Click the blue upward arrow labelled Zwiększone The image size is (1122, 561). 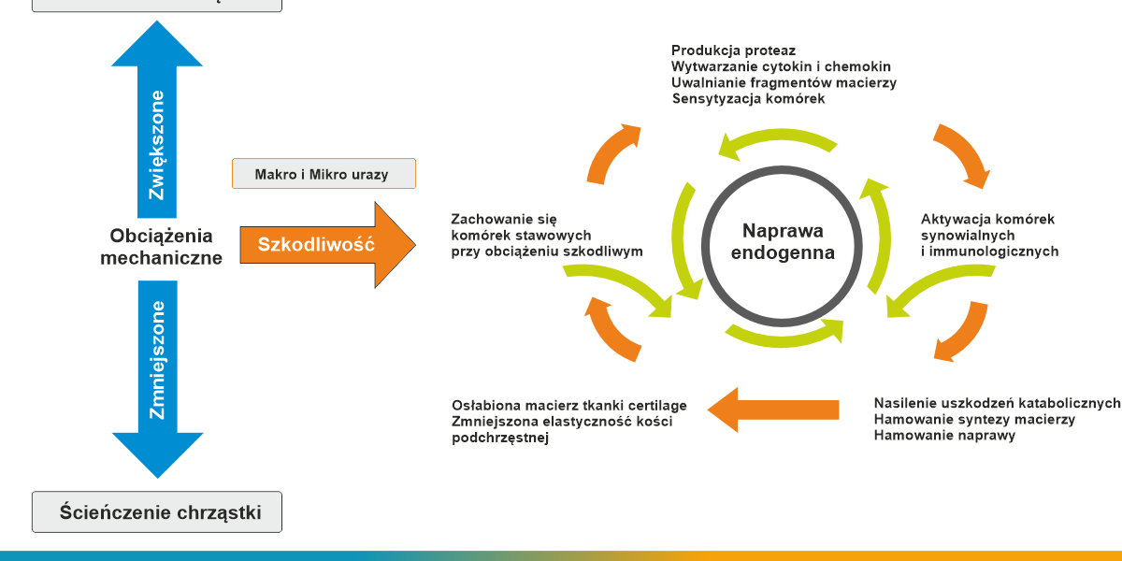[157, 131]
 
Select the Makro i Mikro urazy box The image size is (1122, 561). [323, 174]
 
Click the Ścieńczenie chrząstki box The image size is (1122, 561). [157, 512]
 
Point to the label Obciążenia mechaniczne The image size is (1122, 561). [162, 247]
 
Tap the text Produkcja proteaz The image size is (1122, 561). [734, 50]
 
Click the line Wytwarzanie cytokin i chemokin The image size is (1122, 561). [781, 66]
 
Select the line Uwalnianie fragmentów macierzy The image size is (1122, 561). [784, 82]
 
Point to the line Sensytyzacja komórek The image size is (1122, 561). [748, 98]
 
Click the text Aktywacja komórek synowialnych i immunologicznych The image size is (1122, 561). [989, 235]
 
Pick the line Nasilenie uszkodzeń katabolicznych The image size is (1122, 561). [997, 403]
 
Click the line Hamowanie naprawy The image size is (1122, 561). [944, 435]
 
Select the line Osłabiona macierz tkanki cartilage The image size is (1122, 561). [569, 405]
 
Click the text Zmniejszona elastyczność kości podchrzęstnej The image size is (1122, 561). [561, 429]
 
